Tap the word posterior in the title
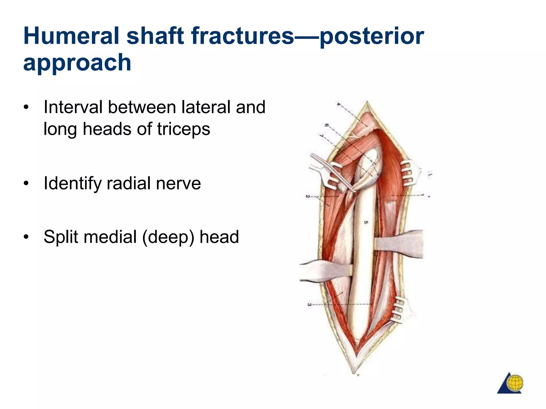[x=372, y=36]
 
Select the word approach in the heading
[x=77, y=63]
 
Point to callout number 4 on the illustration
[x=338, y=104]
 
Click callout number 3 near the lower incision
[x=309, y=304]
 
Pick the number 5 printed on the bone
[x=366, y=222]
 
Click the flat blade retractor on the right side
[x=400, y=244]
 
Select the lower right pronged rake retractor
[x=401, y=310]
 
